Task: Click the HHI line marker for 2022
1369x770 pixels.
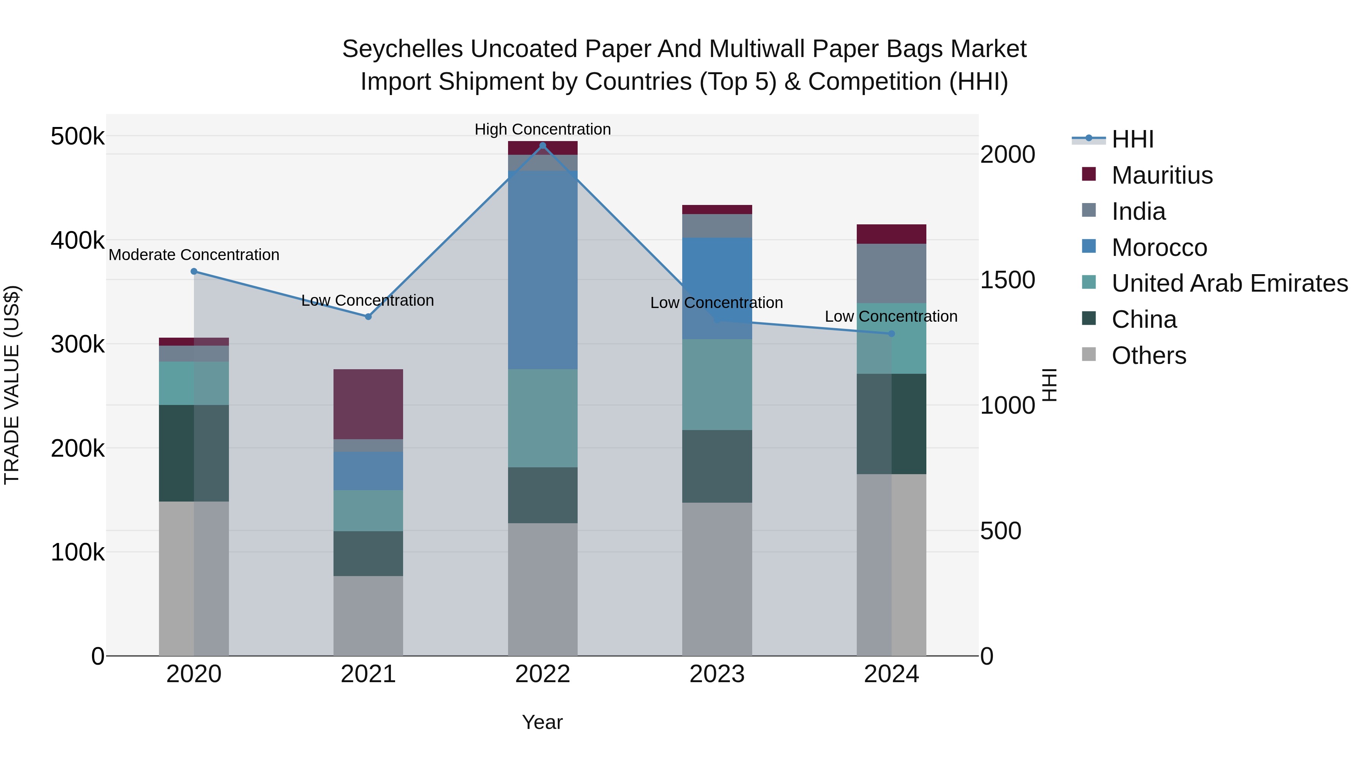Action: [x=543, y=146]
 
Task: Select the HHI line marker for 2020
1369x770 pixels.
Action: [x=194, y=271]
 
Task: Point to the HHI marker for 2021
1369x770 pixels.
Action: [x=368, y=317]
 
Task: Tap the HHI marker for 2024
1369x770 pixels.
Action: [x=892, y=334]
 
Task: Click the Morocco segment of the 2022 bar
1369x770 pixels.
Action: [x=543, y=270]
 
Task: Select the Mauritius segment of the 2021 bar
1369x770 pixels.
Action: [x=368, y=404]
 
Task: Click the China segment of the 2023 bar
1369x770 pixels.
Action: [x=717, y=466]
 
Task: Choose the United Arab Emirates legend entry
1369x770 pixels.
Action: [x=1229, y=283]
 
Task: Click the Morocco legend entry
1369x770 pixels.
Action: [x=1159, y=248]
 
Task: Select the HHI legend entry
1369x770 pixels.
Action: [x=1132, y=139]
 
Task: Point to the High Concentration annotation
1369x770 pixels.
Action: [x=543, y=129]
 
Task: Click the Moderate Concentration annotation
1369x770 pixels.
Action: [x=194, y=255]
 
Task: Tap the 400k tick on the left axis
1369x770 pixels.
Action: [x=78, y=240]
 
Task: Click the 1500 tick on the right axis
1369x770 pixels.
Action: [x=1007, y=280]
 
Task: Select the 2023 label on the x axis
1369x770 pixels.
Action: [x=717, y=674]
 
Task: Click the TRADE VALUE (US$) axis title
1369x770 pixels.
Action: [x=12, y=385]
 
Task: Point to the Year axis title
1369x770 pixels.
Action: [x=542, y=722]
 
